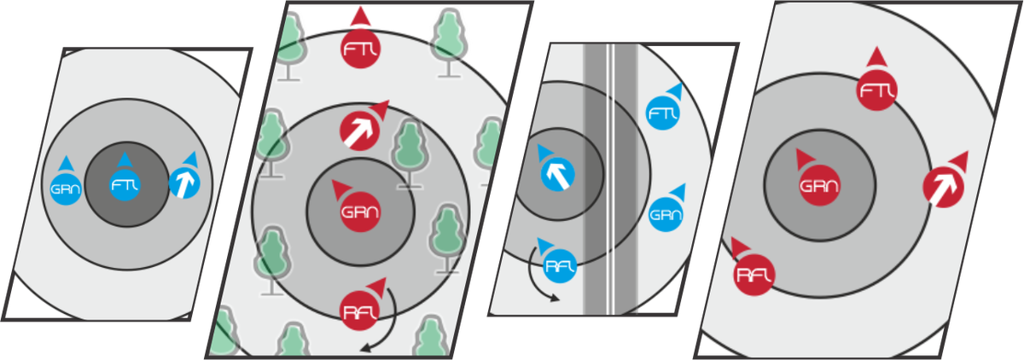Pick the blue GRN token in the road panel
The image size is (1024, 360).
coord(665,213)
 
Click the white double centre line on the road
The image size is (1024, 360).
coord(611,171)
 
